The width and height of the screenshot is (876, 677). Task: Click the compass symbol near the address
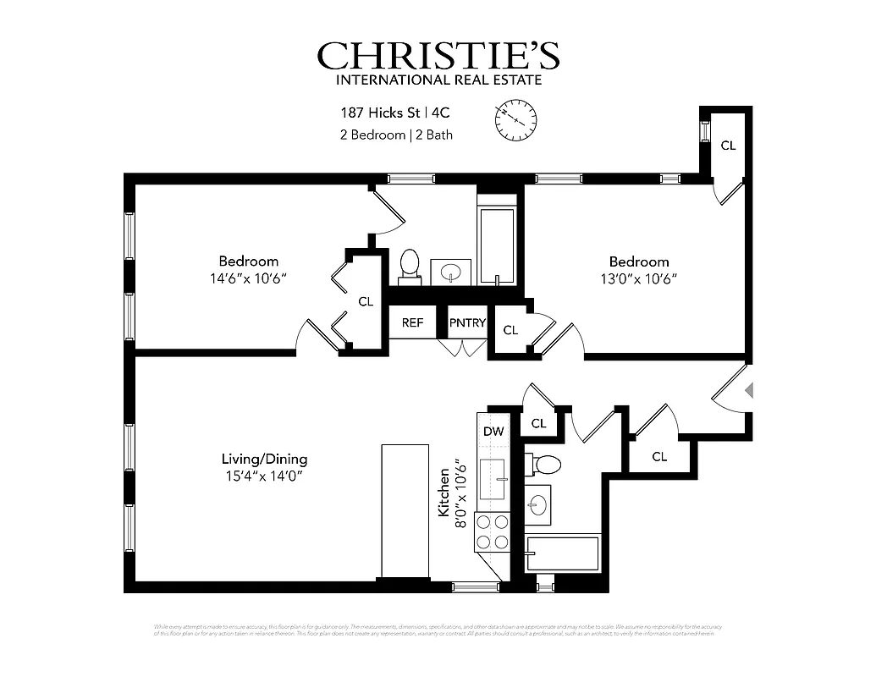(x=515, y=119)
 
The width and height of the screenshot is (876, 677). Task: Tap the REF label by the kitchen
(x=412, y=323)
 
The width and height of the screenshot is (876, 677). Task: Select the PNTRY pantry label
(x=467, y=323)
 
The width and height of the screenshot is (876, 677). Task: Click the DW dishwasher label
(x=493, y=432)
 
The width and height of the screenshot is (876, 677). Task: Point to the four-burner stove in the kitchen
(x=493, y=532)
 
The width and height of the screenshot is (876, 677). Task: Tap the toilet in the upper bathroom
(x=410, y=264)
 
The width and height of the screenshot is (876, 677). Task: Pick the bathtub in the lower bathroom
(x=562, y=553)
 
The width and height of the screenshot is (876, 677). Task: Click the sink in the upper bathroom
(x=451, y=272)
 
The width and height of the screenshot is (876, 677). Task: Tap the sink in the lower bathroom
(x=537, y=504)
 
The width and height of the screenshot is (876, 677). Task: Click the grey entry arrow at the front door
(x=747, y=390)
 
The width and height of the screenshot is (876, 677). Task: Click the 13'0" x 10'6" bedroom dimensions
(x=639, y=278)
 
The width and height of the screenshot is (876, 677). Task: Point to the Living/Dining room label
(x=264, y=459)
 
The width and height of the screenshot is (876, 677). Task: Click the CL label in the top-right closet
(x=728, y=146)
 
